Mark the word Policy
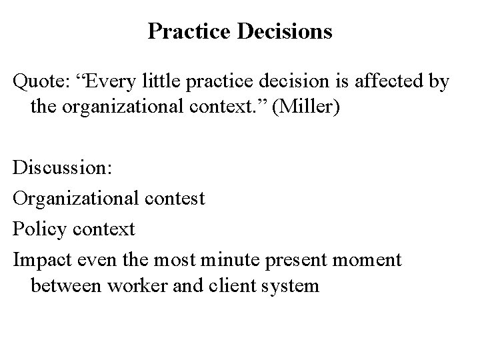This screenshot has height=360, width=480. [39, 229]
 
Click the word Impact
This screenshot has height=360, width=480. [40, 260]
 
